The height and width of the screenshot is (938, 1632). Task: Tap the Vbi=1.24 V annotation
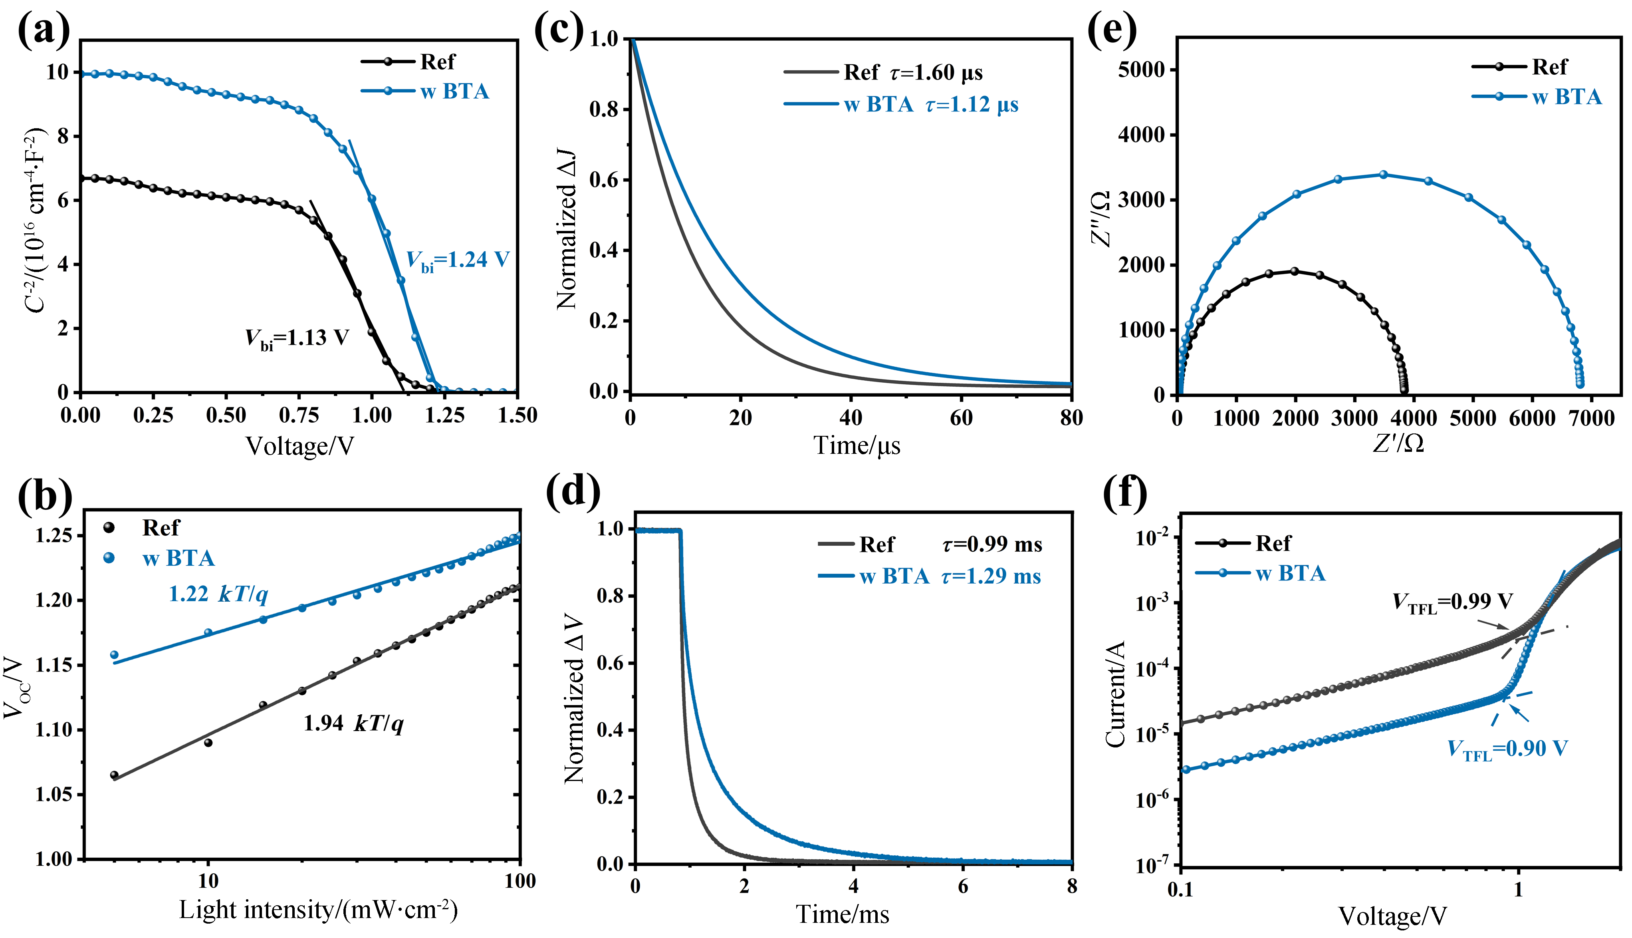coord(458,261)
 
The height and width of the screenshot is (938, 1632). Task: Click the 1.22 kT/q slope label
coord(218,594)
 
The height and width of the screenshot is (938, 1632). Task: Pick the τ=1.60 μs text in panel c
coord(937,73)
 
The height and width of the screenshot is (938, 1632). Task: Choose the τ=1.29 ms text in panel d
coord(991,576)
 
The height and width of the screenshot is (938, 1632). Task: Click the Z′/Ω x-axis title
coord(1398,443)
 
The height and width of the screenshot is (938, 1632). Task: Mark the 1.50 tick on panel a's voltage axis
coord(518,415)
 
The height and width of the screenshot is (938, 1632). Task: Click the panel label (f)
coord(1125,493)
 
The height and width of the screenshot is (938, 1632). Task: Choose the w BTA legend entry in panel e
coord(1566,97)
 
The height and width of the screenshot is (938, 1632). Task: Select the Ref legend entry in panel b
coord(160,528)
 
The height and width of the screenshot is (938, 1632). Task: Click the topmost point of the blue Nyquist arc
coord(1383,175)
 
